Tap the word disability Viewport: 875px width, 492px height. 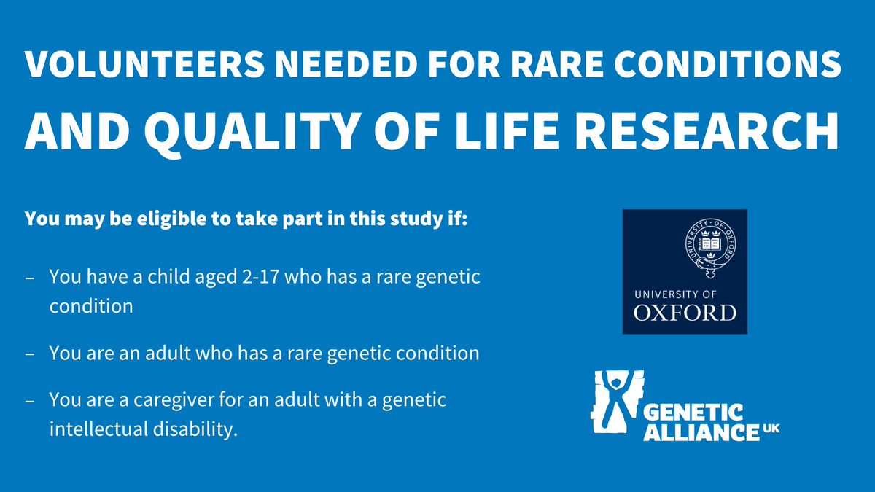click(x=198, y=429)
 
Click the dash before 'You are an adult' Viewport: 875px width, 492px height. click(x=29, y=354)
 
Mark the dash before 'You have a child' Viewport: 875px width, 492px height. click(x=29, y=278)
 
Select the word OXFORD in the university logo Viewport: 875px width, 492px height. click(x=685, y=313)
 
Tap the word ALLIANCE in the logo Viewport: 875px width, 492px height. click(x=701, y=432)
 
